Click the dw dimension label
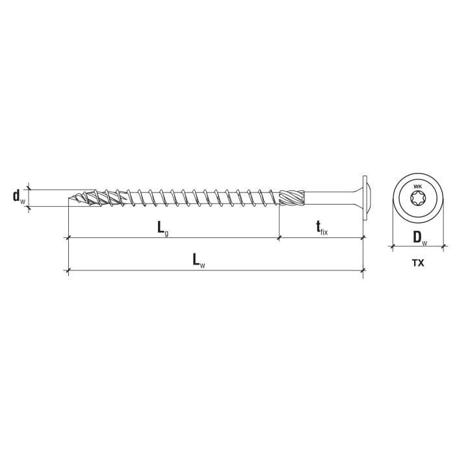(19, 197)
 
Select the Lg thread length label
(162, 228)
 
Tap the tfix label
(322, 227)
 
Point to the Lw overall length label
(199, 260)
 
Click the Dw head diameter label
(420, 238)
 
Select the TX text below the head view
(418, 263)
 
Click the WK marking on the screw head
(417, 187)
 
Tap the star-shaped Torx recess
(417, 199)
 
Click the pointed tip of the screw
(68, 199)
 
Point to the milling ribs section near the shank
(292, 198)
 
